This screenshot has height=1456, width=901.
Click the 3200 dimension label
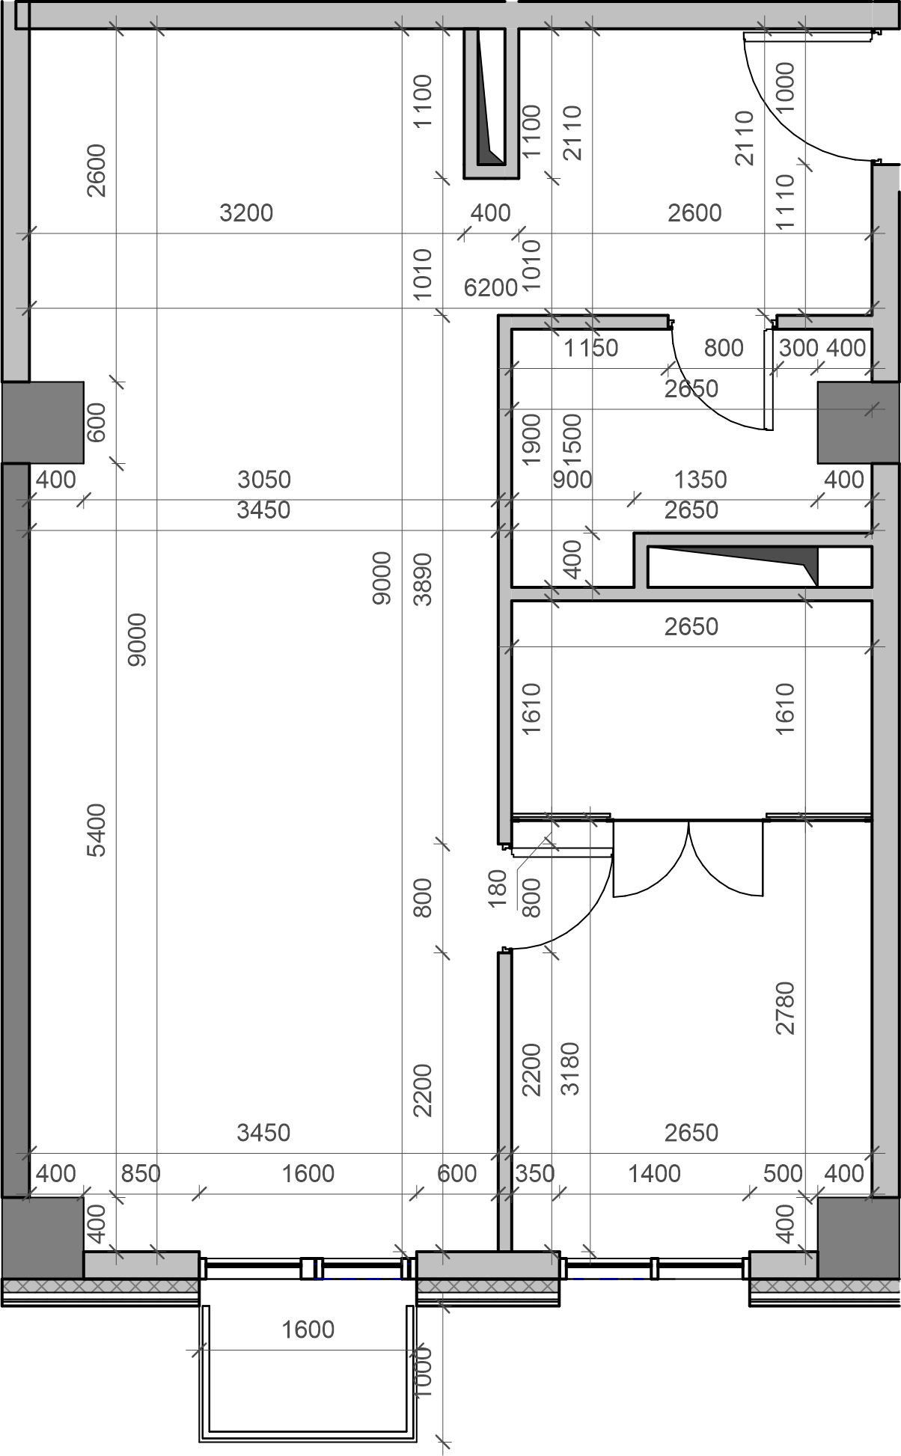coord(246,213)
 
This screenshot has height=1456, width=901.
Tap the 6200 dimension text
coord(491,288)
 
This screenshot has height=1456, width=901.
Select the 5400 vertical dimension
coord(97,830)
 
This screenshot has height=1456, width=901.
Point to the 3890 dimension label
coord(423,579)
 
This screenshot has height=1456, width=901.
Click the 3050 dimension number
coord(264,480)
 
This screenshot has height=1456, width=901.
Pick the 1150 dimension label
coord(591,348)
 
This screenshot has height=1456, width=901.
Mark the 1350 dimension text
coord(700,480)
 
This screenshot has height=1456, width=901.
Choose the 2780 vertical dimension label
coord(785,1009)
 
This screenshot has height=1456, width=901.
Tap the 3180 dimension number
coord(570,1069)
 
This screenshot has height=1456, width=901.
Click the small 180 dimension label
coord(498,888)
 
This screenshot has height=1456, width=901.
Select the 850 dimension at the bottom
coord(141,1174)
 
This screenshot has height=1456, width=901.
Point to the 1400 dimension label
coord(654,1174)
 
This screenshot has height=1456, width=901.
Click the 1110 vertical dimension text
coord(785,203)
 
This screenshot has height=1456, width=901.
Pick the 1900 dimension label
coord(531,439)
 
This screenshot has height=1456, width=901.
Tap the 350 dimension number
coord(535,1174)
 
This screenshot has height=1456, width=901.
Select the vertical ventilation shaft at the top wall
coord(492,103)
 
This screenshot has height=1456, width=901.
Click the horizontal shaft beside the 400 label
coord(754,566)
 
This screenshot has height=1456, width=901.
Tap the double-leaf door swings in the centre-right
coord(688,858)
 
